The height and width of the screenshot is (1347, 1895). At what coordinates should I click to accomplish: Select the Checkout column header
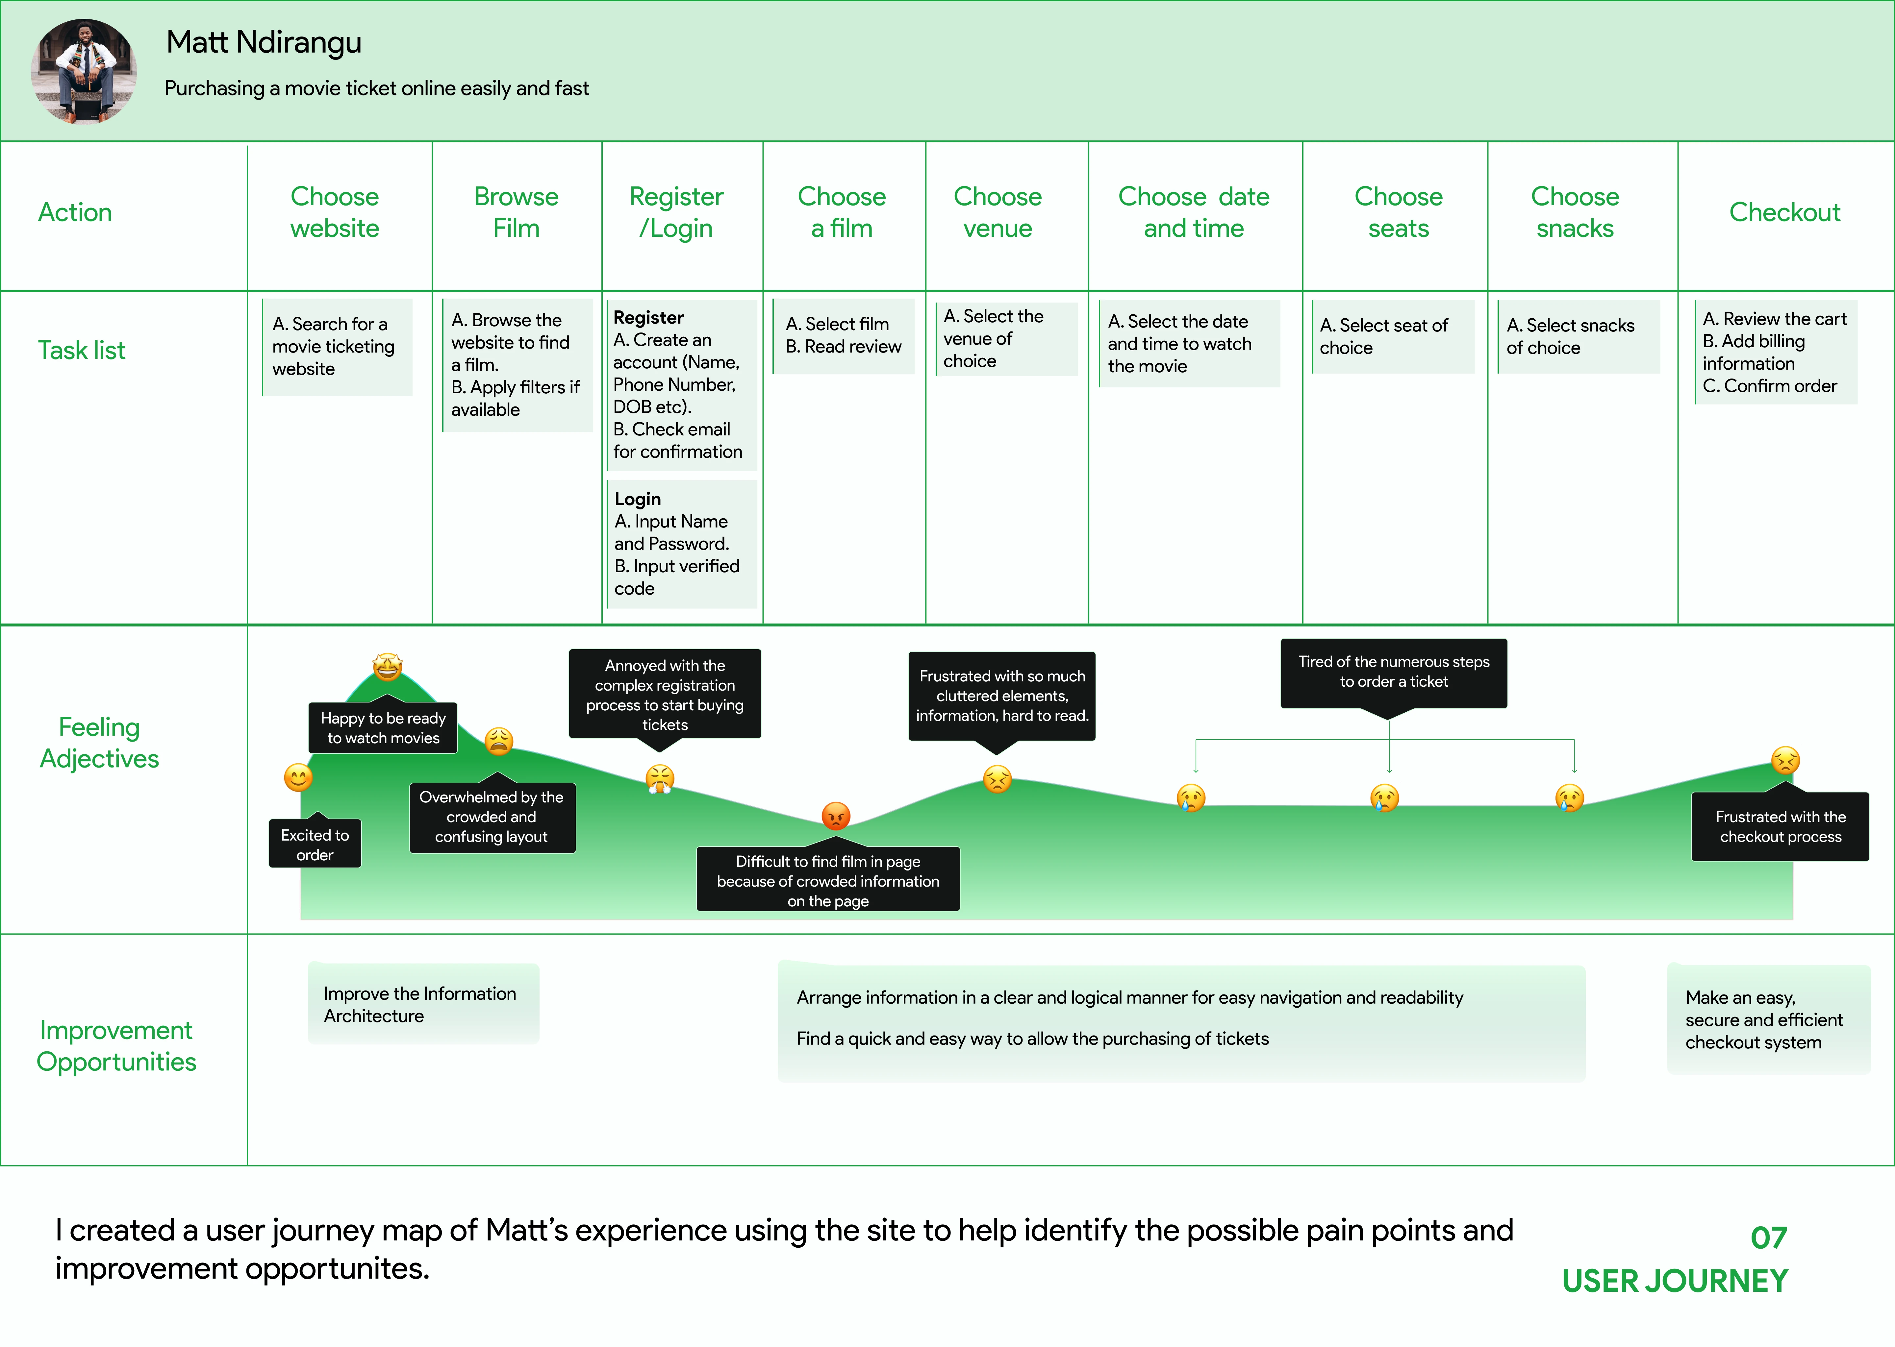tap(1784, 212)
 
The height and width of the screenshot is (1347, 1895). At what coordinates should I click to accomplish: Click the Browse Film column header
tap(516, 212)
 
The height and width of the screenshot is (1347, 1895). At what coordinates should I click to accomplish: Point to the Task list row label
tap(81, 350)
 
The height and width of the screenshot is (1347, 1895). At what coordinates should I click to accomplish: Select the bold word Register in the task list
tap(648, 318)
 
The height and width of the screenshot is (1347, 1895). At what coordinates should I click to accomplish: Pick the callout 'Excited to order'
tap(315, 845)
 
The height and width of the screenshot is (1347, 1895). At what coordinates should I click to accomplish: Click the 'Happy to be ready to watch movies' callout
tap(383, 727)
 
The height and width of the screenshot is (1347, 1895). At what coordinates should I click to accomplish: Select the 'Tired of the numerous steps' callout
tap(1393, 672)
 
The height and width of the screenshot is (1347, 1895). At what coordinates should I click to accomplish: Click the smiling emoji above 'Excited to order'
tap(298, 777)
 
